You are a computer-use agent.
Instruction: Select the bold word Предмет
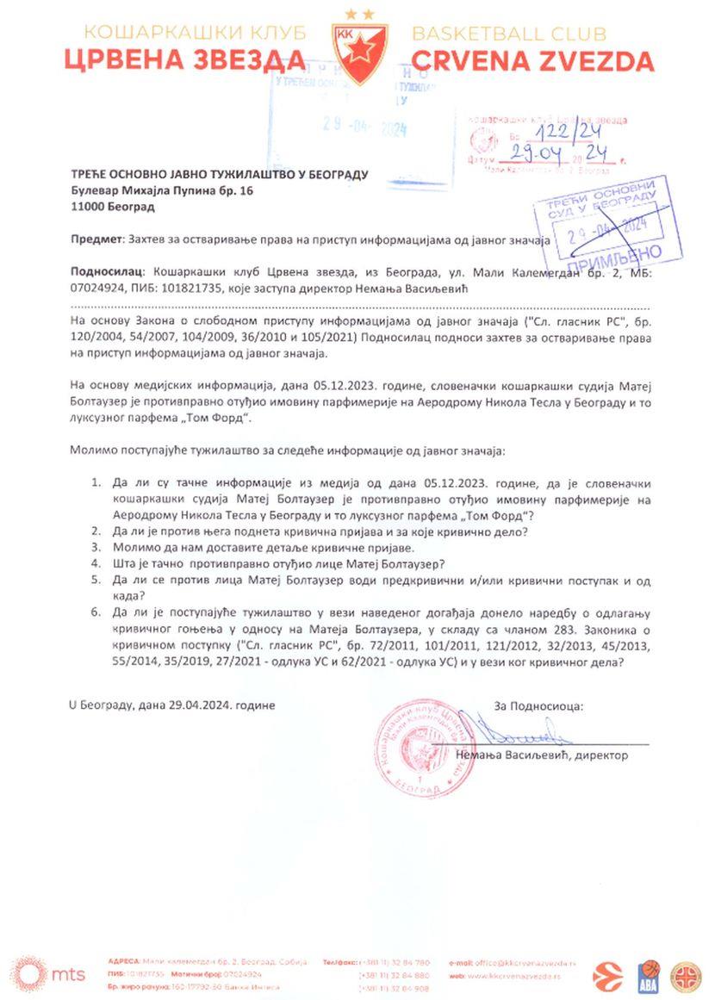[96, 240]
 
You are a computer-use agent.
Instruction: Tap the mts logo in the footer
[50, 973]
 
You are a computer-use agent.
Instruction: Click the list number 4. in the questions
[96, 564]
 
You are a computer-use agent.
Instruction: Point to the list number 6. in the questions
[96, 612]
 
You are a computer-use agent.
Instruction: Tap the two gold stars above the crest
[358, 13]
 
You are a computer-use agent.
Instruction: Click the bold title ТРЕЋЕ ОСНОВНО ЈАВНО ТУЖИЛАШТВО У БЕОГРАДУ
[219, 174]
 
